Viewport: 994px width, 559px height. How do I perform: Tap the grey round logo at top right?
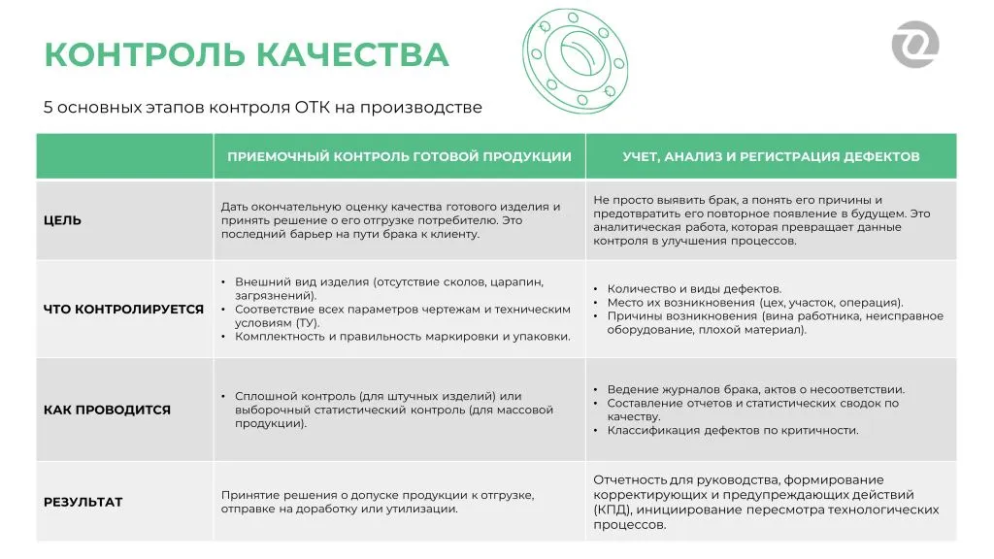(x=914, y=45)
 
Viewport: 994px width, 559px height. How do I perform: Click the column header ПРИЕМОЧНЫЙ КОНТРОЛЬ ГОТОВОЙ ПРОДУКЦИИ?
(x=399, y=156)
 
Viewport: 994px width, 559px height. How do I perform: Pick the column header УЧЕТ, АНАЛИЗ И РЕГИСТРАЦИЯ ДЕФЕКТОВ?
(x=771, y=156)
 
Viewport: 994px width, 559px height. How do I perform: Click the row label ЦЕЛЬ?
(x=62, y=220)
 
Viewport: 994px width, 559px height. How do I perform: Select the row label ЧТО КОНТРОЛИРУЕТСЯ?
(x=123, y=310)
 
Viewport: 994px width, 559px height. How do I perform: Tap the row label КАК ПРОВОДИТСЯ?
(x=107, y=410)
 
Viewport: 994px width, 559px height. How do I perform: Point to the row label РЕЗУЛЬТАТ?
(x=83, y=502)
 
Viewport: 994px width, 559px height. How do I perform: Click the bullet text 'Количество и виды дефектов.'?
(x=694, y=288)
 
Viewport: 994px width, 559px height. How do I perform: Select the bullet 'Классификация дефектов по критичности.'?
(x=733, y=430)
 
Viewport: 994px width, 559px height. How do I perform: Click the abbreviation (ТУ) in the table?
(x=310, y=322)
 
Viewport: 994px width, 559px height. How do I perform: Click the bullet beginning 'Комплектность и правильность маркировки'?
(x=402, y=337)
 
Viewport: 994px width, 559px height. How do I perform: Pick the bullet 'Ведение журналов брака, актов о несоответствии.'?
(x=755, y=389)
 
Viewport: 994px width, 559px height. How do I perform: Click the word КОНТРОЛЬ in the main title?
(x=150, y=54)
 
